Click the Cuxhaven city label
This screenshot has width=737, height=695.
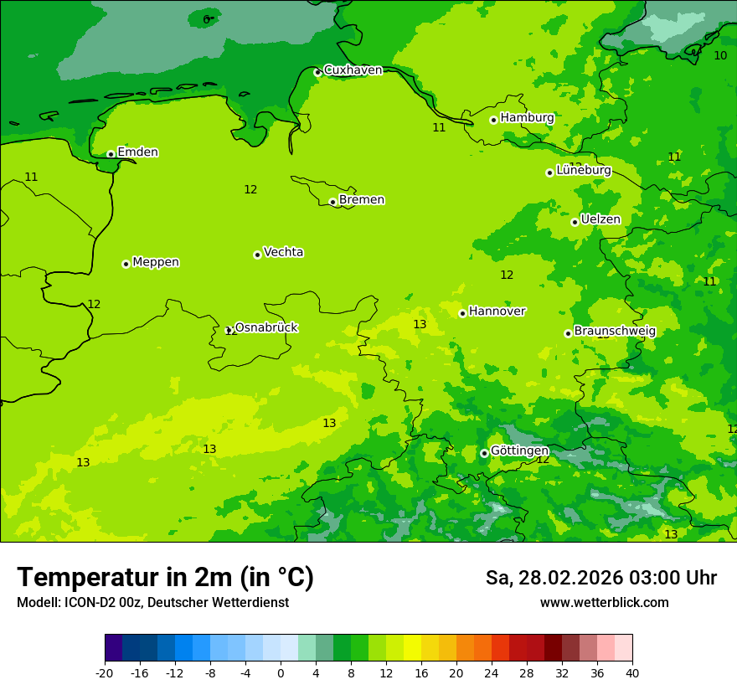pos(353,70)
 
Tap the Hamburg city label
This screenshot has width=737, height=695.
pos(527,118)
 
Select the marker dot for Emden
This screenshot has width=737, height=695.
pos(111,154)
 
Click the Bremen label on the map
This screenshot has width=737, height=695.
pos(361,200)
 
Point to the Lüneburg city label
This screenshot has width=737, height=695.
pos(583,171)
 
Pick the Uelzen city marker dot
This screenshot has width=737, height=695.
pos(575,222)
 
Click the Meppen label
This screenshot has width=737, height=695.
pos(155,262)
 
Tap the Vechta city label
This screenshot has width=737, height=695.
pos(283,252)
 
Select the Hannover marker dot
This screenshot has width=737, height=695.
pos(462,313)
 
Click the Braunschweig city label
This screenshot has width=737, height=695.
pos(614,332)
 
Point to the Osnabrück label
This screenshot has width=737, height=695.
pos(265,327)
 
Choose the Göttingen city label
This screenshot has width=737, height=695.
pos(519,450)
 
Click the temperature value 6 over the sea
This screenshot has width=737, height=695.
pos(206,19)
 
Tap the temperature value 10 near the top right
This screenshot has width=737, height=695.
pos(720,55)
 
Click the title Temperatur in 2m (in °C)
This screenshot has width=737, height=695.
pos(165,578)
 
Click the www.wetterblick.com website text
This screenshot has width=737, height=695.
pos(604,603)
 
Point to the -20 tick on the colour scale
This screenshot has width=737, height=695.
pos(105,673)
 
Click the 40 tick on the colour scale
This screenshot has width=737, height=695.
pos(632,673)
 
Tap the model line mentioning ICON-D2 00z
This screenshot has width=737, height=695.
pos(152,603)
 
